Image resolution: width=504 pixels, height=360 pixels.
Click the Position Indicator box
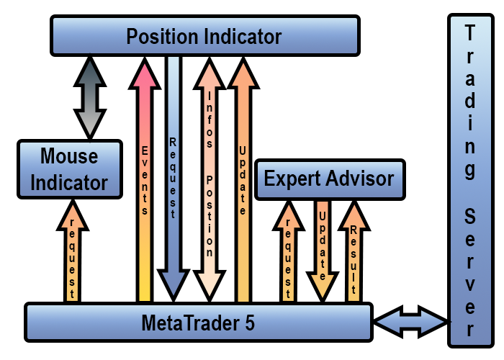[x=204, y=35]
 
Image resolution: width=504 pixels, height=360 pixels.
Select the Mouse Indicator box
[x=68, y=169]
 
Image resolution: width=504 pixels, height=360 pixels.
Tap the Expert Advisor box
[x=329, y=178]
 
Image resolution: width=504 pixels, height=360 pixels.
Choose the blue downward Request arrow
[x=173, y=180]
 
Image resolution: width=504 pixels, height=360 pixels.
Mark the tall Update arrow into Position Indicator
[x=242, y=180]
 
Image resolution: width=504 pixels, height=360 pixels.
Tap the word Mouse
[x=68, y=156]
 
